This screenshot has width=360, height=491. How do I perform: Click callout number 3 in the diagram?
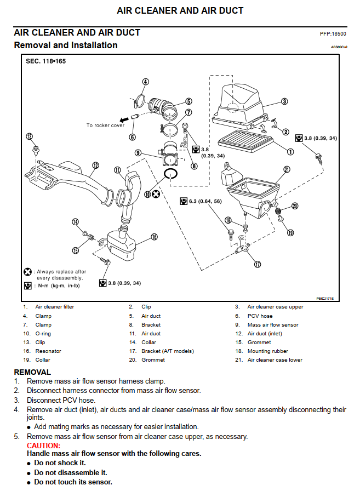click(285, 101)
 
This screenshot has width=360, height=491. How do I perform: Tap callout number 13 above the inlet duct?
click(29, 136)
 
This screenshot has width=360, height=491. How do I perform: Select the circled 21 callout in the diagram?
click(287, 169)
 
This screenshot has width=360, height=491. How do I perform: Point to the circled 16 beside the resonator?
click(154, 237)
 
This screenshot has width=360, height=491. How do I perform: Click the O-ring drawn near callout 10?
click(171, 174)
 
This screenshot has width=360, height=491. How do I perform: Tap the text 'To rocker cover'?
click(105, 125)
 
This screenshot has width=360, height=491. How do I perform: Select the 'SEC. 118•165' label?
click(46, 61)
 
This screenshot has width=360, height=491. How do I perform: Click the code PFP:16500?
click(333, 34)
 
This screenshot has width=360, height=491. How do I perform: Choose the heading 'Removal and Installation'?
click(66, 45)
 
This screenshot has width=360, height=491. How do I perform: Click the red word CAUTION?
click(43, 446)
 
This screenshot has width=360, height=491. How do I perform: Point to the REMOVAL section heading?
click(32, 372)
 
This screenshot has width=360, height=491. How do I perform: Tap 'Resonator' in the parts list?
click(48, 351)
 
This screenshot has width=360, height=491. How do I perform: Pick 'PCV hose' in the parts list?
click(260, 316)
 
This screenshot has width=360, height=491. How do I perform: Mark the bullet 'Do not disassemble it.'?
click(70, 472)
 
